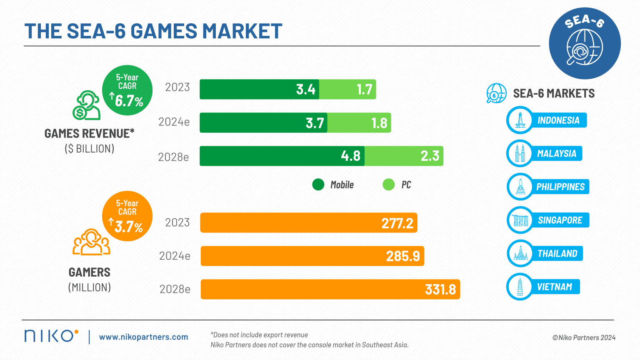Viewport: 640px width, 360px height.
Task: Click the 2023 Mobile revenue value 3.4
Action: click(305, 89)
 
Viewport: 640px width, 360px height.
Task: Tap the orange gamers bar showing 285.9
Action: click(312, 256)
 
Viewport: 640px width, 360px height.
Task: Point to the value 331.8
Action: click(440, 289)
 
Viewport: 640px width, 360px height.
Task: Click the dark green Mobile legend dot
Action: click(318, 185)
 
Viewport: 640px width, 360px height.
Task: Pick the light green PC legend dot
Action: click(388, 185)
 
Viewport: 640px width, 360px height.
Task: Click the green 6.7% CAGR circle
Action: click(127, 90)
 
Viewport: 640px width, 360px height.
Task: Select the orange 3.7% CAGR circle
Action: click(127, 216)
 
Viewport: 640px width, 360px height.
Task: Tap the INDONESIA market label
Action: click(558, 120)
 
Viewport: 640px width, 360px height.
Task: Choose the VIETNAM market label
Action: click(555, 287)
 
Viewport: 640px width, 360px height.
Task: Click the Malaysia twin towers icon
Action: click(520, 153)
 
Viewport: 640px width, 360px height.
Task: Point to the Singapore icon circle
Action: click(520, 220)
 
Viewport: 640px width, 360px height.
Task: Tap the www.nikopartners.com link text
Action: click(143, 337)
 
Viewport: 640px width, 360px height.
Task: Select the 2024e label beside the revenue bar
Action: click(174, 122)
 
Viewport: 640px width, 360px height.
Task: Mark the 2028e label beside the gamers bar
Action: click(175, 289)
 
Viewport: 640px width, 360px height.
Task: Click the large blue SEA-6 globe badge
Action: click(584, 43)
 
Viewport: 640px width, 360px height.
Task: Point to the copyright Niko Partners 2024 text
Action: click(584, 337)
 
